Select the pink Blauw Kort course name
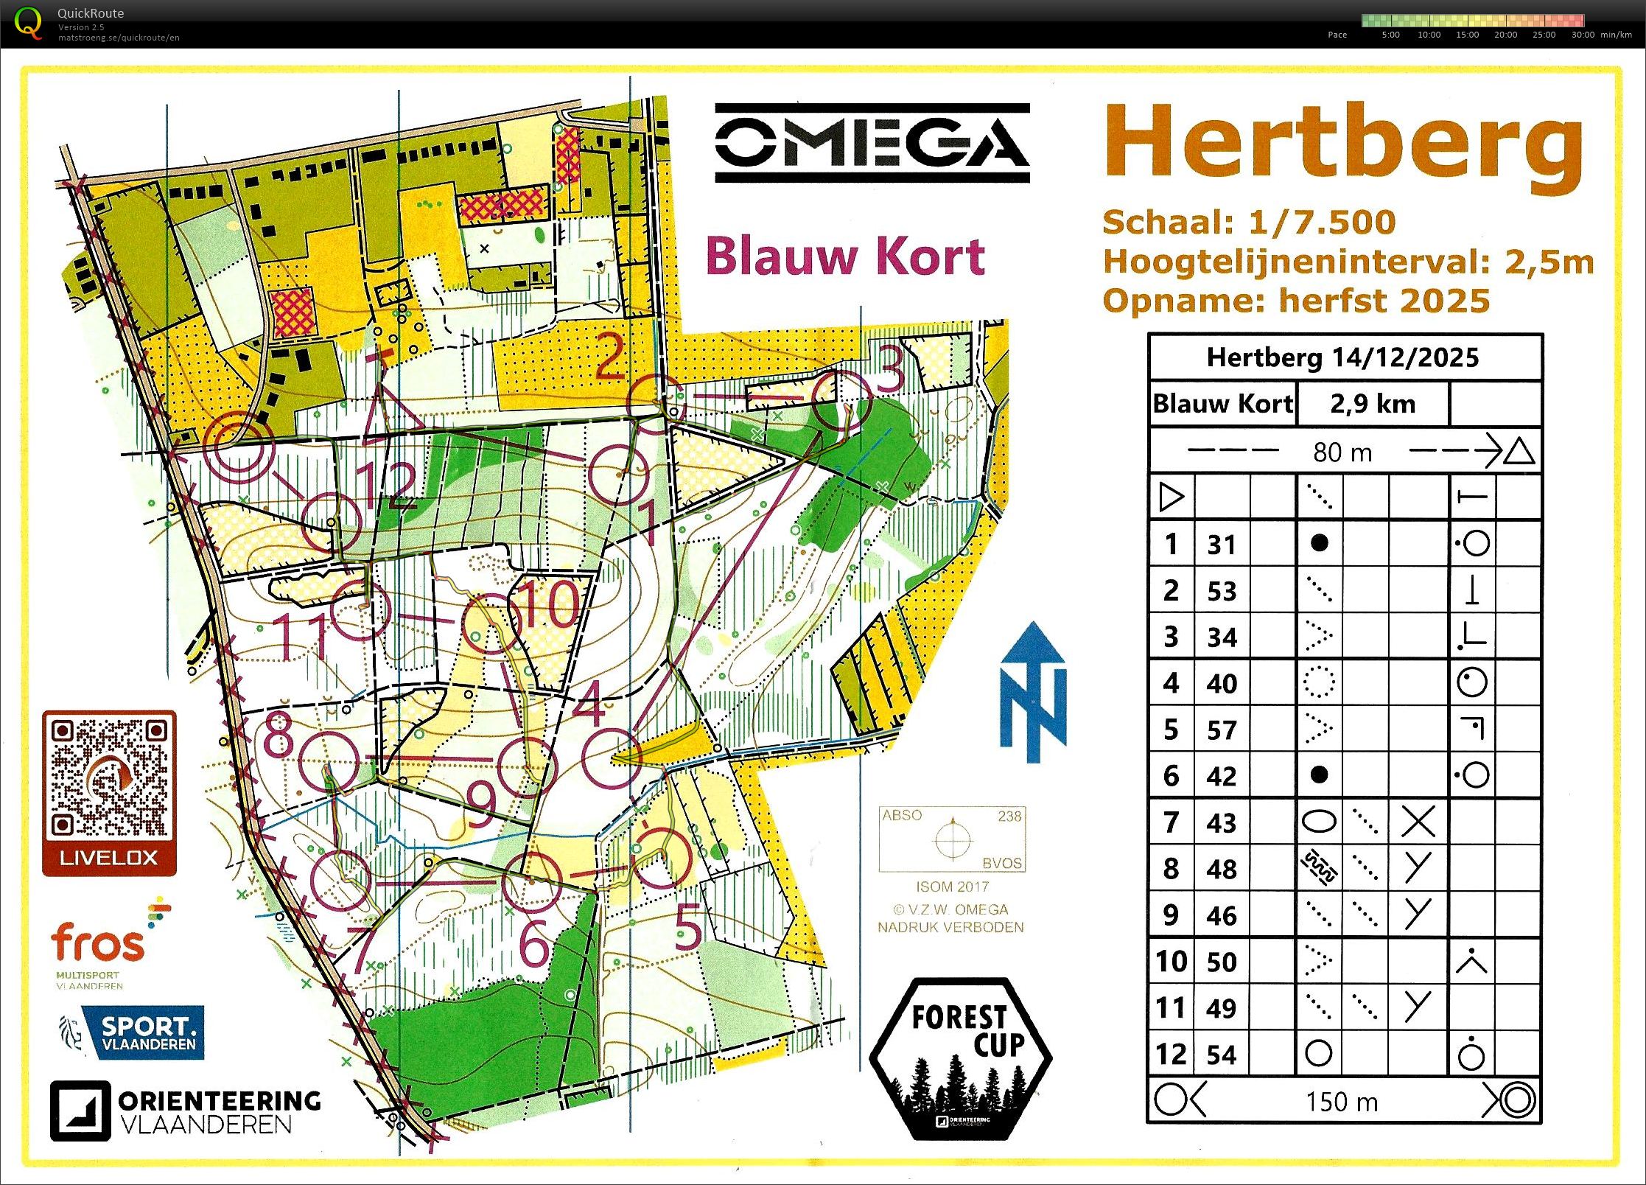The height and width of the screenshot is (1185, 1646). (845, 256)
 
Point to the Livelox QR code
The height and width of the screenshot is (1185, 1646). (109, 779)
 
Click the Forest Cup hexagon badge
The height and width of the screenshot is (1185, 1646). (960, 1058)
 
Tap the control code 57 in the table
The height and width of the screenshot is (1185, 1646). (1222, 730)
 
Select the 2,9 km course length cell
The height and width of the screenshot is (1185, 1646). (1373, 404)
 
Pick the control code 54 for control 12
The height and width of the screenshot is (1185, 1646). (1222, 1055)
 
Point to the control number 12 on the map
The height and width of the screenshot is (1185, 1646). (388, 486)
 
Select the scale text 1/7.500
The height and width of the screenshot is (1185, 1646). (1322, 223)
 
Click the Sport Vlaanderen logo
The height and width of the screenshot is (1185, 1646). (133, 1033)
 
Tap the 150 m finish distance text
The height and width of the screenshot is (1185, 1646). (1342, 1102)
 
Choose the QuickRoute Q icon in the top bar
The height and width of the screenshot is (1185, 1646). (28, 22)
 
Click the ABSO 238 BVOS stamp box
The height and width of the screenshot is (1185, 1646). (952, 839)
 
